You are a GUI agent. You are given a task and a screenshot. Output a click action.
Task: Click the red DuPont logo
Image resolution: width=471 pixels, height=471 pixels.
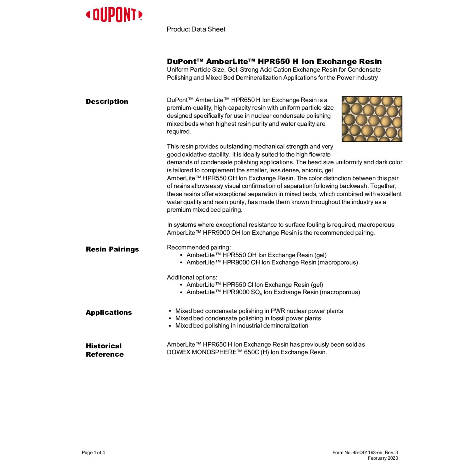(114, 15)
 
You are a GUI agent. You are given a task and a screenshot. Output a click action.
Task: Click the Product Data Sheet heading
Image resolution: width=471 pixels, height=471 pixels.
(196, 29)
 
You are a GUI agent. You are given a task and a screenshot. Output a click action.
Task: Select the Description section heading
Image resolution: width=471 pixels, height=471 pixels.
(107, 101)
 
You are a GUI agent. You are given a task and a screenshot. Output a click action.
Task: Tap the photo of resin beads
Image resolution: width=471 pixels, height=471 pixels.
(372, 119)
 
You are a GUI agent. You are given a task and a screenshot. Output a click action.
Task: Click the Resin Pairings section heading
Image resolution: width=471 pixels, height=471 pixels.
(112, 249)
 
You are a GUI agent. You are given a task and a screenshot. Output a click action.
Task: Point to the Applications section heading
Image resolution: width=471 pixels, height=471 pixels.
(109, 312)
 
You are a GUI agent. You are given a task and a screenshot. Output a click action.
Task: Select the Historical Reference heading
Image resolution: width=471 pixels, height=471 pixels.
(105, 350)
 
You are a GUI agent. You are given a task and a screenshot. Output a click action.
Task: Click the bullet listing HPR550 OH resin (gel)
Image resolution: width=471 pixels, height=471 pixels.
(256, 255)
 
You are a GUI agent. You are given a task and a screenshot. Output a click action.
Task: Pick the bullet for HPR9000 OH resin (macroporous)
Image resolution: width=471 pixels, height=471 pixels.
(272, 263)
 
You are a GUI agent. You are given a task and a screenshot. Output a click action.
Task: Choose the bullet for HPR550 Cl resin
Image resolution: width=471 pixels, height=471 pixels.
(254, 285)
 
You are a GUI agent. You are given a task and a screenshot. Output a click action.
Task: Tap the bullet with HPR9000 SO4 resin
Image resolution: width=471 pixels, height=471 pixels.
(273, 292)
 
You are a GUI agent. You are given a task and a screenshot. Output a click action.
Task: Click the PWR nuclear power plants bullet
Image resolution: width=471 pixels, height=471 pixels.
(259, 311)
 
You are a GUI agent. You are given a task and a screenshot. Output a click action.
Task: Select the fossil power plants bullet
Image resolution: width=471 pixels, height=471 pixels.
(248, 318)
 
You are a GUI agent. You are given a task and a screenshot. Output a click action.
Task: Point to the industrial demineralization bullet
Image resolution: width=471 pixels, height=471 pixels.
(241, 326)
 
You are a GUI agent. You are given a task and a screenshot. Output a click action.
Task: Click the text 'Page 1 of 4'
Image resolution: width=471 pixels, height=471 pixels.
(93, 452)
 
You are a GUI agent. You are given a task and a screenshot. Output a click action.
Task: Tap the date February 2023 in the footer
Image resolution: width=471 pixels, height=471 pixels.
(382, 458)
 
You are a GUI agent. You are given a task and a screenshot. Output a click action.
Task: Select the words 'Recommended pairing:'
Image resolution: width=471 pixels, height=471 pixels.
(199, 247)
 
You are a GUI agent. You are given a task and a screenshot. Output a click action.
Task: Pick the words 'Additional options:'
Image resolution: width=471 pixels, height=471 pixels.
(192, 277)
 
